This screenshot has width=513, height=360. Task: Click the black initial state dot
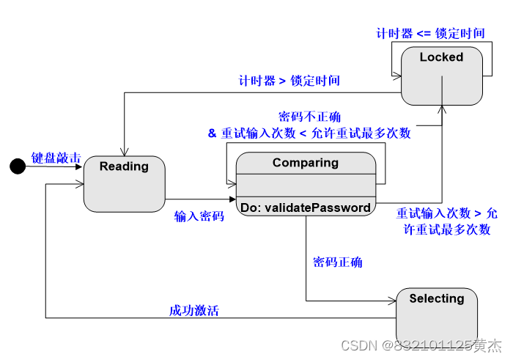coord(17,166)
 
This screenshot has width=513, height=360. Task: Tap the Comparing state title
coord(306,163)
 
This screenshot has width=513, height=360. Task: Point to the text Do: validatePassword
coord(306,207)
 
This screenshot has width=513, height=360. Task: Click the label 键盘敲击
coord(56,158)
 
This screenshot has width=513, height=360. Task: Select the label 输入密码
coord(199,216)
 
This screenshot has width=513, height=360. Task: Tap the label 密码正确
coord(337,262)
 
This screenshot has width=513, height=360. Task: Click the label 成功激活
coord(193,310)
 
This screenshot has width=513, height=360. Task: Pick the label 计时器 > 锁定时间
coord(289,81)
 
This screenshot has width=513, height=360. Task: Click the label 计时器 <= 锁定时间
coord(430,33)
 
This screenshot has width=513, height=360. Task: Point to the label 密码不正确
coord(309,117)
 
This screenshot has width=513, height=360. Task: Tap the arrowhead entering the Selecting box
coord(392,301)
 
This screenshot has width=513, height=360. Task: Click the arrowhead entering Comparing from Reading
coord(232,199)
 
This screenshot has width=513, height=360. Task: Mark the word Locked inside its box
coord(441,57)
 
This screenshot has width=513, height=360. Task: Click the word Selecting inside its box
coord(437,298)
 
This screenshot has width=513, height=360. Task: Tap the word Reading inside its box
coord(124,166)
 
